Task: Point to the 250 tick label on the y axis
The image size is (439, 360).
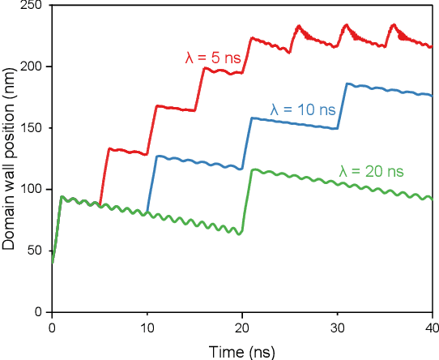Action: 32,6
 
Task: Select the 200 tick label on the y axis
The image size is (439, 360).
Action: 32,66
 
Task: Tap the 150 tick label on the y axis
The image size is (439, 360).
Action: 32,128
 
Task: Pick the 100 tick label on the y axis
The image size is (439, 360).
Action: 32,189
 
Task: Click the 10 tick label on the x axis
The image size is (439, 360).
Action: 147,327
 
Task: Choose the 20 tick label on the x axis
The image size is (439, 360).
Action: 244,327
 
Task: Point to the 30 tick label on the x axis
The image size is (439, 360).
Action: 339,327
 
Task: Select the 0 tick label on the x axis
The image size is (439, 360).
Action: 52,327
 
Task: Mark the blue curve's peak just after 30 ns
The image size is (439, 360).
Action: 348,84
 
